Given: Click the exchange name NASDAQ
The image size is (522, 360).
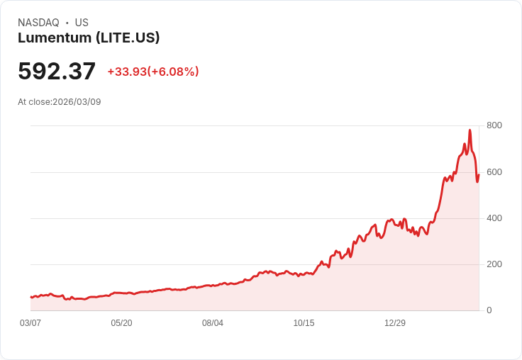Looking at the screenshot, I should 38,23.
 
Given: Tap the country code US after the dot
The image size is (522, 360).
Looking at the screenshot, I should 82,23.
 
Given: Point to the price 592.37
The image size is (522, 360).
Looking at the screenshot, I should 57,71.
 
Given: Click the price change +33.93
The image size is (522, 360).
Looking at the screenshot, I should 127,72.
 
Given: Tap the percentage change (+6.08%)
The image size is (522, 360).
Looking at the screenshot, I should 173,72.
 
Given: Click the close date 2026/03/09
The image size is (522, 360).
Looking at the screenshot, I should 77,102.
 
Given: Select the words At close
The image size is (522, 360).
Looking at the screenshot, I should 34,102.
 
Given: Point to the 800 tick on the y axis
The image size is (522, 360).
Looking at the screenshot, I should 494,125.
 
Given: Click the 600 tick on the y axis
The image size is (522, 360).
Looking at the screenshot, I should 494,172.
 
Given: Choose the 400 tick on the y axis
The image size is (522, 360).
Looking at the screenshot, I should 494,218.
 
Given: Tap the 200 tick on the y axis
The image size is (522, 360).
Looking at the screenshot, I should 494,264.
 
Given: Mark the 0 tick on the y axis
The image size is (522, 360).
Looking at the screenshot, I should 489,310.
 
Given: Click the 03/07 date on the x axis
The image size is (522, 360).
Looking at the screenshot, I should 30,323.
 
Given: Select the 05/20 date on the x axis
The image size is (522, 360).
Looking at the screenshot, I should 121,323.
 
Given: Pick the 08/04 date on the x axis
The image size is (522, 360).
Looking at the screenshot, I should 213,323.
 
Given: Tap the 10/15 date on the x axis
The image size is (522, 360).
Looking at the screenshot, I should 304,323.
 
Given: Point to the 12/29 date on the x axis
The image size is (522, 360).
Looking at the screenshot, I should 395,323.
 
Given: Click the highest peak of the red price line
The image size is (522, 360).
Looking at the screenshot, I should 470,130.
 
